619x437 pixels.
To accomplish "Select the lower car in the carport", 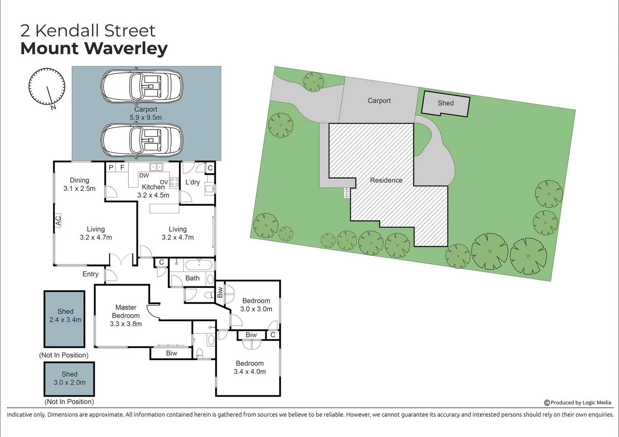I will (x=142, y=140).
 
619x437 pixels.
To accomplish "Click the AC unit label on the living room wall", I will (x=58, y=221).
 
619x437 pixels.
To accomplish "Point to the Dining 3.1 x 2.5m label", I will (x=79, y=185).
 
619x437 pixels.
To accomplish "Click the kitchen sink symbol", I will (x=156, y=167).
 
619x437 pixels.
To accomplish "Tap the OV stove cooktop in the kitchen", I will (x=174, y=182).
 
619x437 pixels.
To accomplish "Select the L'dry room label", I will (x=193, y=182).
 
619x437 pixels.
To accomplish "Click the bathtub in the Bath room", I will (x=198, y=266).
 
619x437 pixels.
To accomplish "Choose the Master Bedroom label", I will (x=126, y=315).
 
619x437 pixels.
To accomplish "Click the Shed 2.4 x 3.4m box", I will (x=65, y=319).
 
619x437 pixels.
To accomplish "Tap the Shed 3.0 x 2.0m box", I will (x=69, y=379).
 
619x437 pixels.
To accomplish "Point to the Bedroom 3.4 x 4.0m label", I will (x=250, y=367).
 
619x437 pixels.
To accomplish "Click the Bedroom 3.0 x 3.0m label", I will (x=256, y=305).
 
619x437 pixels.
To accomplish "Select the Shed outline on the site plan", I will (x=445, y=104).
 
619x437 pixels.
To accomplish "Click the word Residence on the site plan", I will (x=386, y=180).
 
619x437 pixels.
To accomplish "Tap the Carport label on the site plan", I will (x=379, y=101).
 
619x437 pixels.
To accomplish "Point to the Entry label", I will (x=90, y=274).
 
